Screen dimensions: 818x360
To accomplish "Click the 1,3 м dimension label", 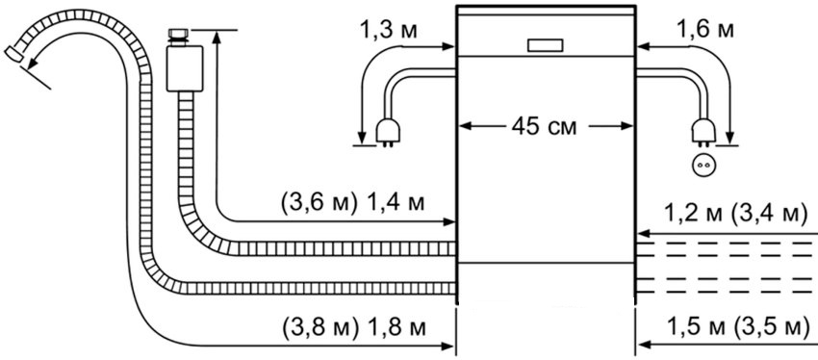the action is click(388, 30).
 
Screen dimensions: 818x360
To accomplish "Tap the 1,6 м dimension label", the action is click(705, 29).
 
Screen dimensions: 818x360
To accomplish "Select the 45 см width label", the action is click(545, 126).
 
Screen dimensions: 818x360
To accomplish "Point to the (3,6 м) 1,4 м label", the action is click(352, 203).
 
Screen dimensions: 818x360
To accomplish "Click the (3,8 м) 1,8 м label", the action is click(354, 327).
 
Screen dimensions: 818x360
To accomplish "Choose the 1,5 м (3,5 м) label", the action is click(735, 327).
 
